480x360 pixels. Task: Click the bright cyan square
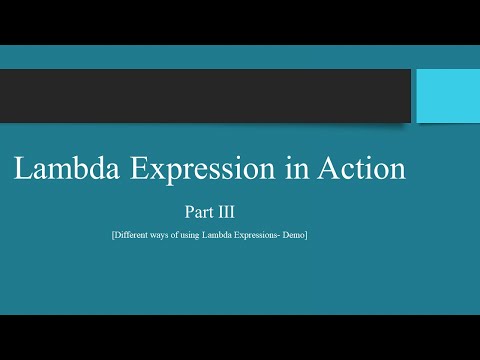click(x=446, y=96)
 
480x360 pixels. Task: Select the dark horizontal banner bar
click(x=205, y=96)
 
